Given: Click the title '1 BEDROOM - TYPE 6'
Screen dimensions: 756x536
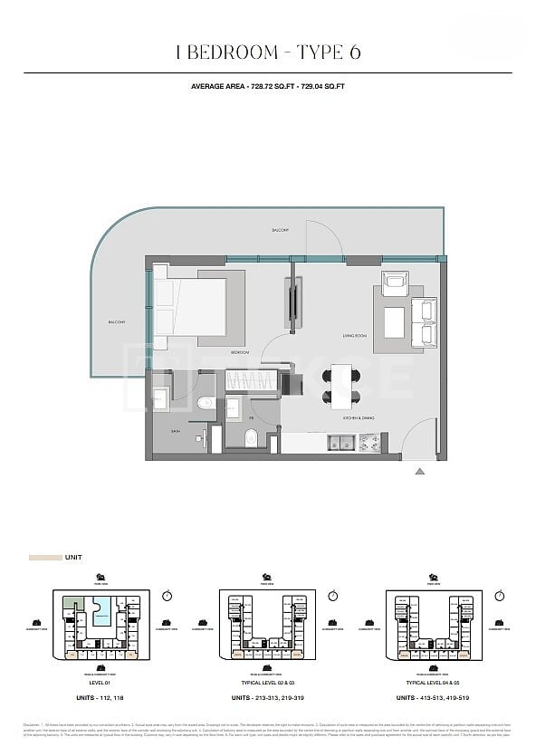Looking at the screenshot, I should click(268, 53).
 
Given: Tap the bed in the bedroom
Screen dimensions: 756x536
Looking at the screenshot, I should click(191, 307).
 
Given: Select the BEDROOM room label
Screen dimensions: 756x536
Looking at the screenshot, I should click(239, 351).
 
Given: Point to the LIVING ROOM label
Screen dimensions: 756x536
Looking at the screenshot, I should click(354, 336).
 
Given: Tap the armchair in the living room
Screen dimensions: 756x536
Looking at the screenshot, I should click(396, 282).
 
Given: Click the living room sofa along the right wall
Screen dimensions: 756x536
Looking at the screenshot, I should click(423, 322).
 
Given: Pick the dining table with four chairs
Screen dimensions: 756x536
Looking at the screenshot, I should click(341, 384).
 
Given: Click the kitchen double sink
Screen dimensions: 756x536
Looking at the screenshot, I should click(340, 442).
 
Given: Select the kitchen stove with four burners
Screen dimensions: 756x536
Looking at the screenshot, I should click(369, 442).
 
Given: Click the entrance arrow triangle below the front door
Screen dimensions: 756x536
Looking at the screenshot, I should click(418, 471).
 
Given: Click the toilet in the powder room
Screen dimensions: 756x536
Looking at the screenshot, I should click(252, 440).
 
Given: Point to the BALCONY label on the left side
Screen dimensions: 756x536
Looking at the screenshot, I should click(117, 322).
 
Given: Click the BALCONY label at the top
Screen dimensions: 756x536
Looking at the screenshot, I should click(281, 231).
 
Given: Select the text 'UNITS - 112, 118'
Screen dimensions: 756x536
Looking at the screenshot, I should click(100, 697).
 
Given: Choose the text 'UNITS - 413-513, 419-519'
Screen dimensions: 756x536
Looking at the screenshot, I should click(434, 697).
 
